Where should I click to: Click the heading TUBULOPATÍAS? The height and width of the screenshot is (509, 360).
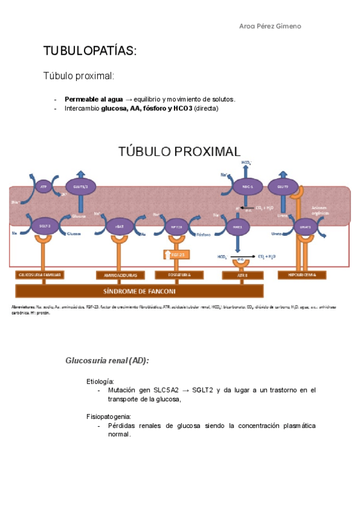coord(91,51)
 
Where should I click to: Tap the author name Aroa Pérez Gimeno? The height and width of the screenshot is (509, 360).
coord(270,26)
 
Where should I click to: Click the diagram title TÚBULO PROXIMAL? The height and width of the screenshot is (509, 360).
coord(179,151)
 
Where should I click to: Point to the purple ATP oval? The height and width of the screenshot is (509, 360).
coord(43,187)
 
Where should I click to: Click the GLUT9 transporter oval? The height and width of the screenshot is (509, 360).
coord(283,187)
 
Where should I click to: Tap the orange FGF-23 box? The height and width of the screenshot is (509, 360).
coord(177,254)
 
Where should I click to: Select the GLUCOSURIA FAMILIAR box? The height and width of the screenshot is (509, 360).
coord(41,275)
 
